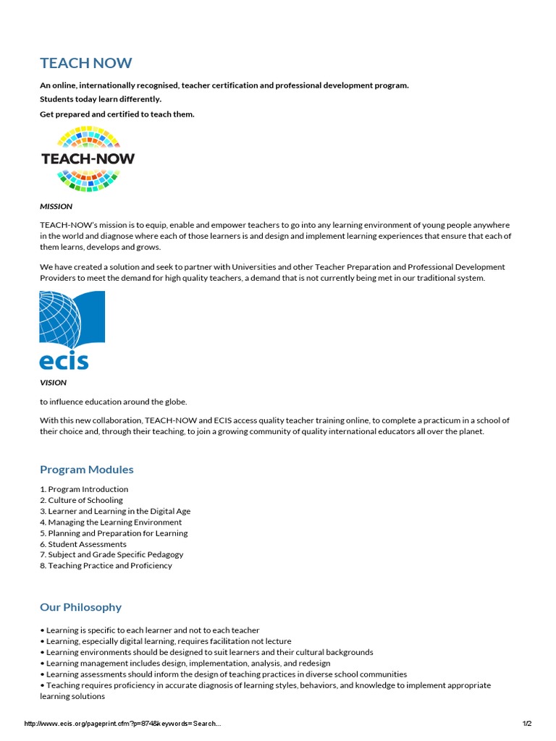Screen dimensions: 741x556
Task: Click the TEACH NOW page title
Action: [x=86, y=63]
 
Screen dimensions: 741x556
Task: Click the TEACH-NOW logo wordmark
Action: [x=88, y=158]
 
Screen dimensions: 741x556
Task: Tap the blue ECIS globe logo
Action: [x=72, y=330]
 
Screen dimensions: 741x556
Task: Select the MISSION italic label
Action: [x=56, y=206]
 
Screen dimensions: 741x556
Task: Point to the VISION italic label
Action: [x=53, y=382]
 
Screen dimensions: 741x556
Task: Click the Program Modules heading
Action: [x=87, y=470]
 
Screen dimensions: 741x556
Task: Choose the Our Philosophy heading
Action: [x=80, y=607]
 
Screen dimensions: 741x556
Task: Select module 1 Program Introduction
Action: [x=84, y=489]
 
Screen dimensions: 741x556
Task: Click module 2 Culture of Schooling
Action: [x=81, y=500]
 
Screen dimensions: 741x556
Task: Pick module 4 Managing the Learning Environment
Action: [x=111, y=522]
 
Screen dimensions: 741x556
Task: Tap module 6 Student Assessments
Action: [x=83, y=544]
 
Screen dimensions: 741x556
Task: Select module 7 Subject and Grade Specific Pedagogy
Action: [x=111, y=554]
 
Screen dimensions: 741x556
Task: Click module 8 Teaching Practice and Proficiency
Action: [x=106, y=566]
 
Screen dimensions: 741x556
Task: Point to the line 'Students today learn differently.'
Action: [x=101, y=99]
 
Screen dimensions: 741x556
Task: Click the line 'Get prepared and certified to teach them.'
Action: [x=117, y=114]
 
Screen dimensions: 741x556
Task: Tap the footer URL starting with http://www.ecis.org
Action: [x=122, y=724]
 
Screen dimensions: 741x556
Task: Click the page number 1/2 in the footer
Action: [x=526, y=724]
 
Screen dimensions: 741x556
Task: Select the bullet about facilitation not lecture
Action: [x=166, y=641]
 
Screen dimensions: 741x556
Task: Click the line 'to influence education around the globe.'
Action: [x=114, y=402]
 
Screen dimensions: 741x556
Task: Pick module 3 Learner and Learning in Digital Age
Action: [x=115, y=511]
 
